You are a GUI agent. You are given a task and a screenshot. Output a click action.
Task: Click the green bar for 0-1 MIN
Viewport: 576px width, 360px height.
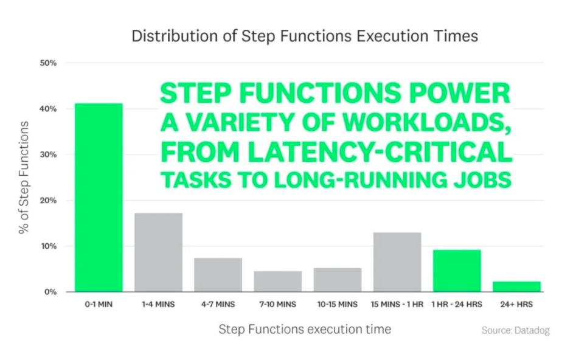coord(99,198)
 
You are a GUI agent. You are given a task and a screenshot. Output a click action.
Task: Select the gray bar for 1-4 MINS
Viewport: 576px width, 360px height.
coord(158,252)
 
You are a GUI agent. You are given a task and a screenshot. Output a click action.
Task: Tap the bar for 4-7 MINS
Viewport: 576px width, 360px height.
coord(218,275)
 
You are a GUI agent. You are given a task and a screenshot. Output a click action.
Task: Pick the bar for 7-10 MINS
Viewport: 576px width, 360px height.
coord(278,282)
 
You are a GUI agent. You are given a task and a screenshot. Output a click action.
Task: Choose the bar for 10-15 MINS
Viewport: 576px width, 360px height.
coord(338,280)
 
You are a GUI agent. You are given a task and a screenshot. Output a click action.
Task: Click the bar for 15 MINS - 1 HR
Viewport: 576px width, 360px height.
coord(397,262)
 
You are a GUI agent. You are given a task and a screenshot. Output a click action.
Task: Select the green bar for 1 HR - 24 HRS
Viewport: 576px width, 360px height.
coord(457,271)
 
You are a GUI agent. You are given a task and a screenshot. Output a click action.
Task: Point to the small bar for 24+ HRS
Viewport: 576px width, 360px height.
coord(516,287)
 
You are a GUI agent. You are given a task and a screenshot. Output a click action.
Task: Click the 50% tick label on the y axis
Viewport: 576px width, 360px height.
coord(48,63)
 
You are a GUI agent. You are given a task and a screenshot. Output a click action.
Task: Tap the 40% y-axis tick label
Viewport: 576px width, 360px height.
coord(48,109)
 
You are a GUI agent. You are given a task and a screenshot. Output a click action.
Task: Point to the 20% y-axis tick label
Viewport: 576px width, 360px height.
coord(48,201)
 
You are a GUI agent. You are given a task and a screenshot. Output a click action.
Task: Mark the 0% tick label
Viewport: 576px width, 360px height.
coord(50,292)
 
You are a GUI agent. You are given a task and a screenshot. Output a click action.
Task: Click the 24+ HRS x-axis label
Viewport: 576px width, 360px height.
coord(516,305)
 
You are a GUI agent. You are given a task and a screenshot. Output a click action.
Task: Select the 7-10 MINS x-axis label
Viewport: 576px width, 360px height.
coord(278,305)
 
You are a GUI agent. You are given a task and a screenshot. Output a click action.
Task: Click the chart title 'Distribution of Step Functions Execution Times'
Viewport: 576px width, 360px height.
coord(305,36)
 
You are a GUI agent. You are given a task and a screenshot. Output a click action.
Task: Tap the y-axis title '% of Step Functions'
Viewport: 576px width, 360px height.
coord(24,178)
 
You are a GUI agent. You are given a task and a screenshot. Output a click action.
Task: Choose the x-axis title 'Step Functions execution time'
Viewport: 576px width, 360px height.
coord(305,330)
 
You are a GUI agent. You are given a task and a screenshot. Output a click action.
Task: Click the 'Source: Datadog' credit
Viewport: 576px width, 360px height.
coord(516,330)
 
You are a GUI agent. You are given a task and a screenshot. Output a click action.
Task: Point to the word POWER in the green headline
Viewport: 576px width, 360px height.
coord(460,93)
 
